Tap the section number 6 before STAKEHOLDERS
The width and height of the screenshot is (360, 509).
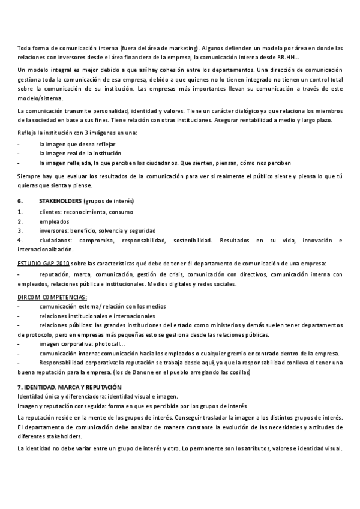pyautogui.click(x=20, y=200)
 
